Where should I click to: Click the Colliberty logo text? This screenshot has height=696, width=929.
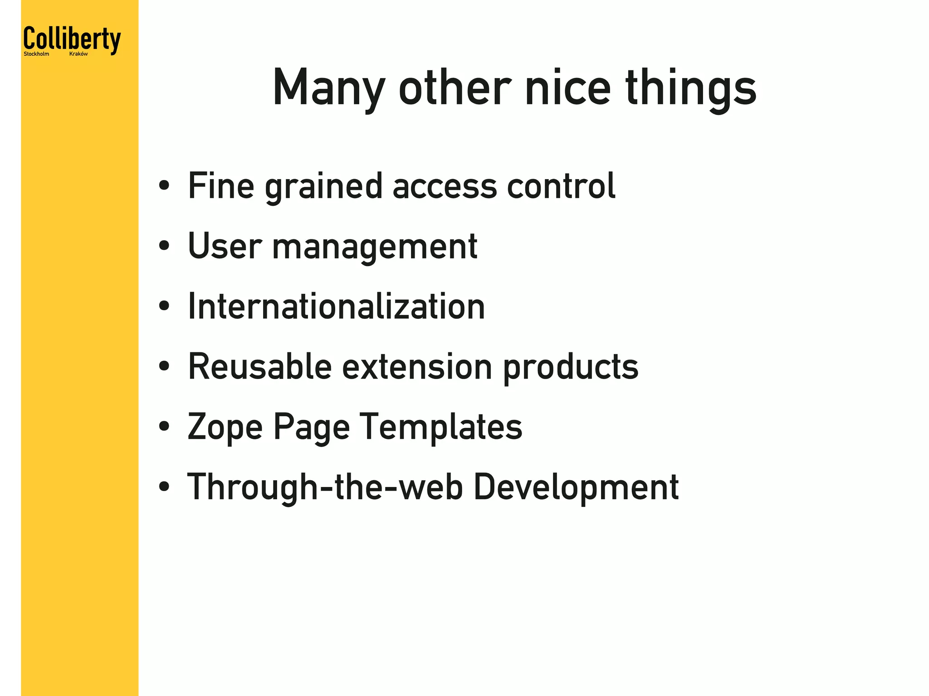tap(72, 39)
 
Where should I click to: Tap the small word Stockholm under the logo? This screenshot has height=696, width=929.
tap(36, 54)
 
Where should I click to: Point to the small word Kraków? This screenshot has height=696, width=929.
tap(78, 54)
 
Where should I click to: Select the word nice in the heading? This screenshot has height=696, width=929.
tap(568, 88)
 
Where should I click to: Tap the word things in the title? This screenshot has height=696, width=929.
tap(691, 88)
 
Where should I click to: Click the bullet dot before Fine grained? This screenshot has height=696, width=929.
tap(164, 186)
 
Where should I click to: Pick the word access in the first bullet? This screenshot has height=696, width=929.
tap(445, 186)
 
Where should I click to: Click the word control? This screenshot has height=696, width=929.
tap(561, 186)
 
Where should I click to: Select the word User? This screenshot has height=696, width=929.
tap(225, 246)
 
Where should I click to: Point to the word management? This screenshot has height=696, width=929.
tap(375, 246)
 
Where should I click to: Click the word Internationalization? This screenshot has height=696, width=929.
tap(336, 307)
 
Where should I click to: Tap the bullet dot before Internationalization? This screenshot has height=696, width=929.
tap(164, 307)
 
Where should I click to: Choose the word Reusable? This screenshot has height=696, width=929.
tap(259, 366)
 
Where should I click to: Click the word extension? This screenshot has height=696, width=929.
tap(417, 366)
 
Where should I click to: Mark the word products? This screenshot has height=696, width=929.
tap(571, 366)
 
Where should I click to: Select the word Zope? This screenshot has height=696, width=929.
tap(225, 427)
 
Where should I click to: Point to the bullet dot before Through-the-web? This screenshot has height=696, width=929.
tap(164, 487)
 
